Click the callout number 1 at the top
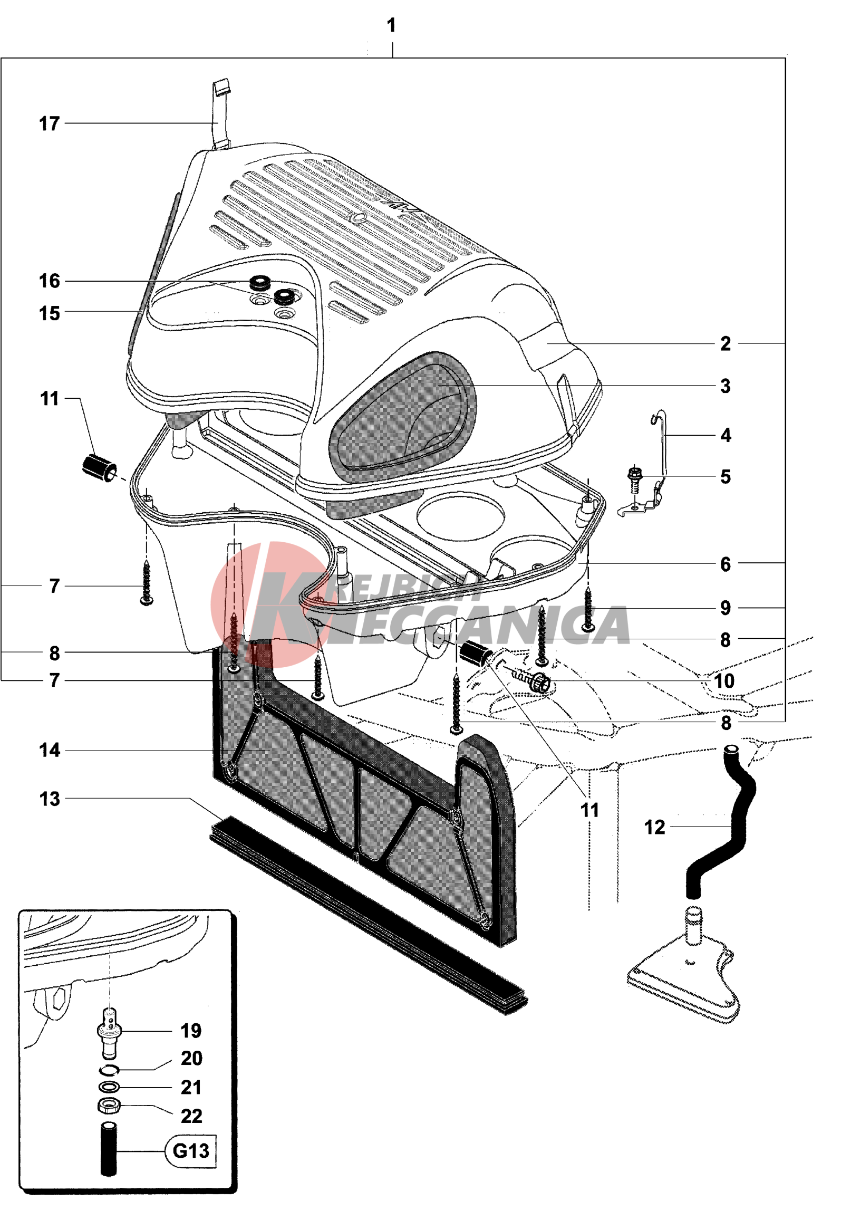tap(391, 25)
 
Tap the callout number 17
tap(50, 124)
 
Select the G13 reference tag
tap(191, 1150)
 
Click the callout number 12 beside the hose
tap(655, 828)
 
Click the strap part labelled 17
tap(221, 113)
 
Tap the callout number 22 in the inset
tap(191, 1116)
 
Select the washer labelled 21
tap(109, 1087)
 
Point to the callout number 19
tap(191, 1031)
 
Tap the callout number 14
tap(50, 750)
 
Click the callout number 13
tap(50, 799)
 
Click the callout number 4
tap(726, 435)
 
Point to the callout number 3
tap(726, 386)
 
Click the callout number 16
tap(50, 281)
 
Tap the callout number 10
tap(724, 681)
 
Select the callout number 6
tap(726, 564)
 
